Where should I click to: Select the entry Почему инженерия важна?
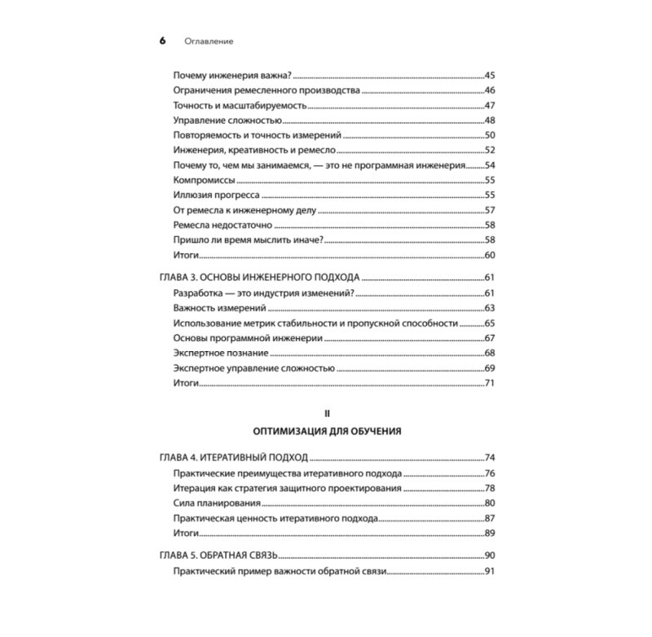point(230,75)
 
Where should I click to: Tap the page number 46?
point(490,90)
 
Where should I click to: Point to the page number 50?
point(490,135)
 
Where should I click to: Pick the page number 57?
point(490,210)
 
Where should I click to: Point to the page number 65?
point(490,323)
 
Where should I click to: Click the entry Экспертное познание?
point(222,353)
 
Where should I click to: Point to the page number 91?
point(490,571)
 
